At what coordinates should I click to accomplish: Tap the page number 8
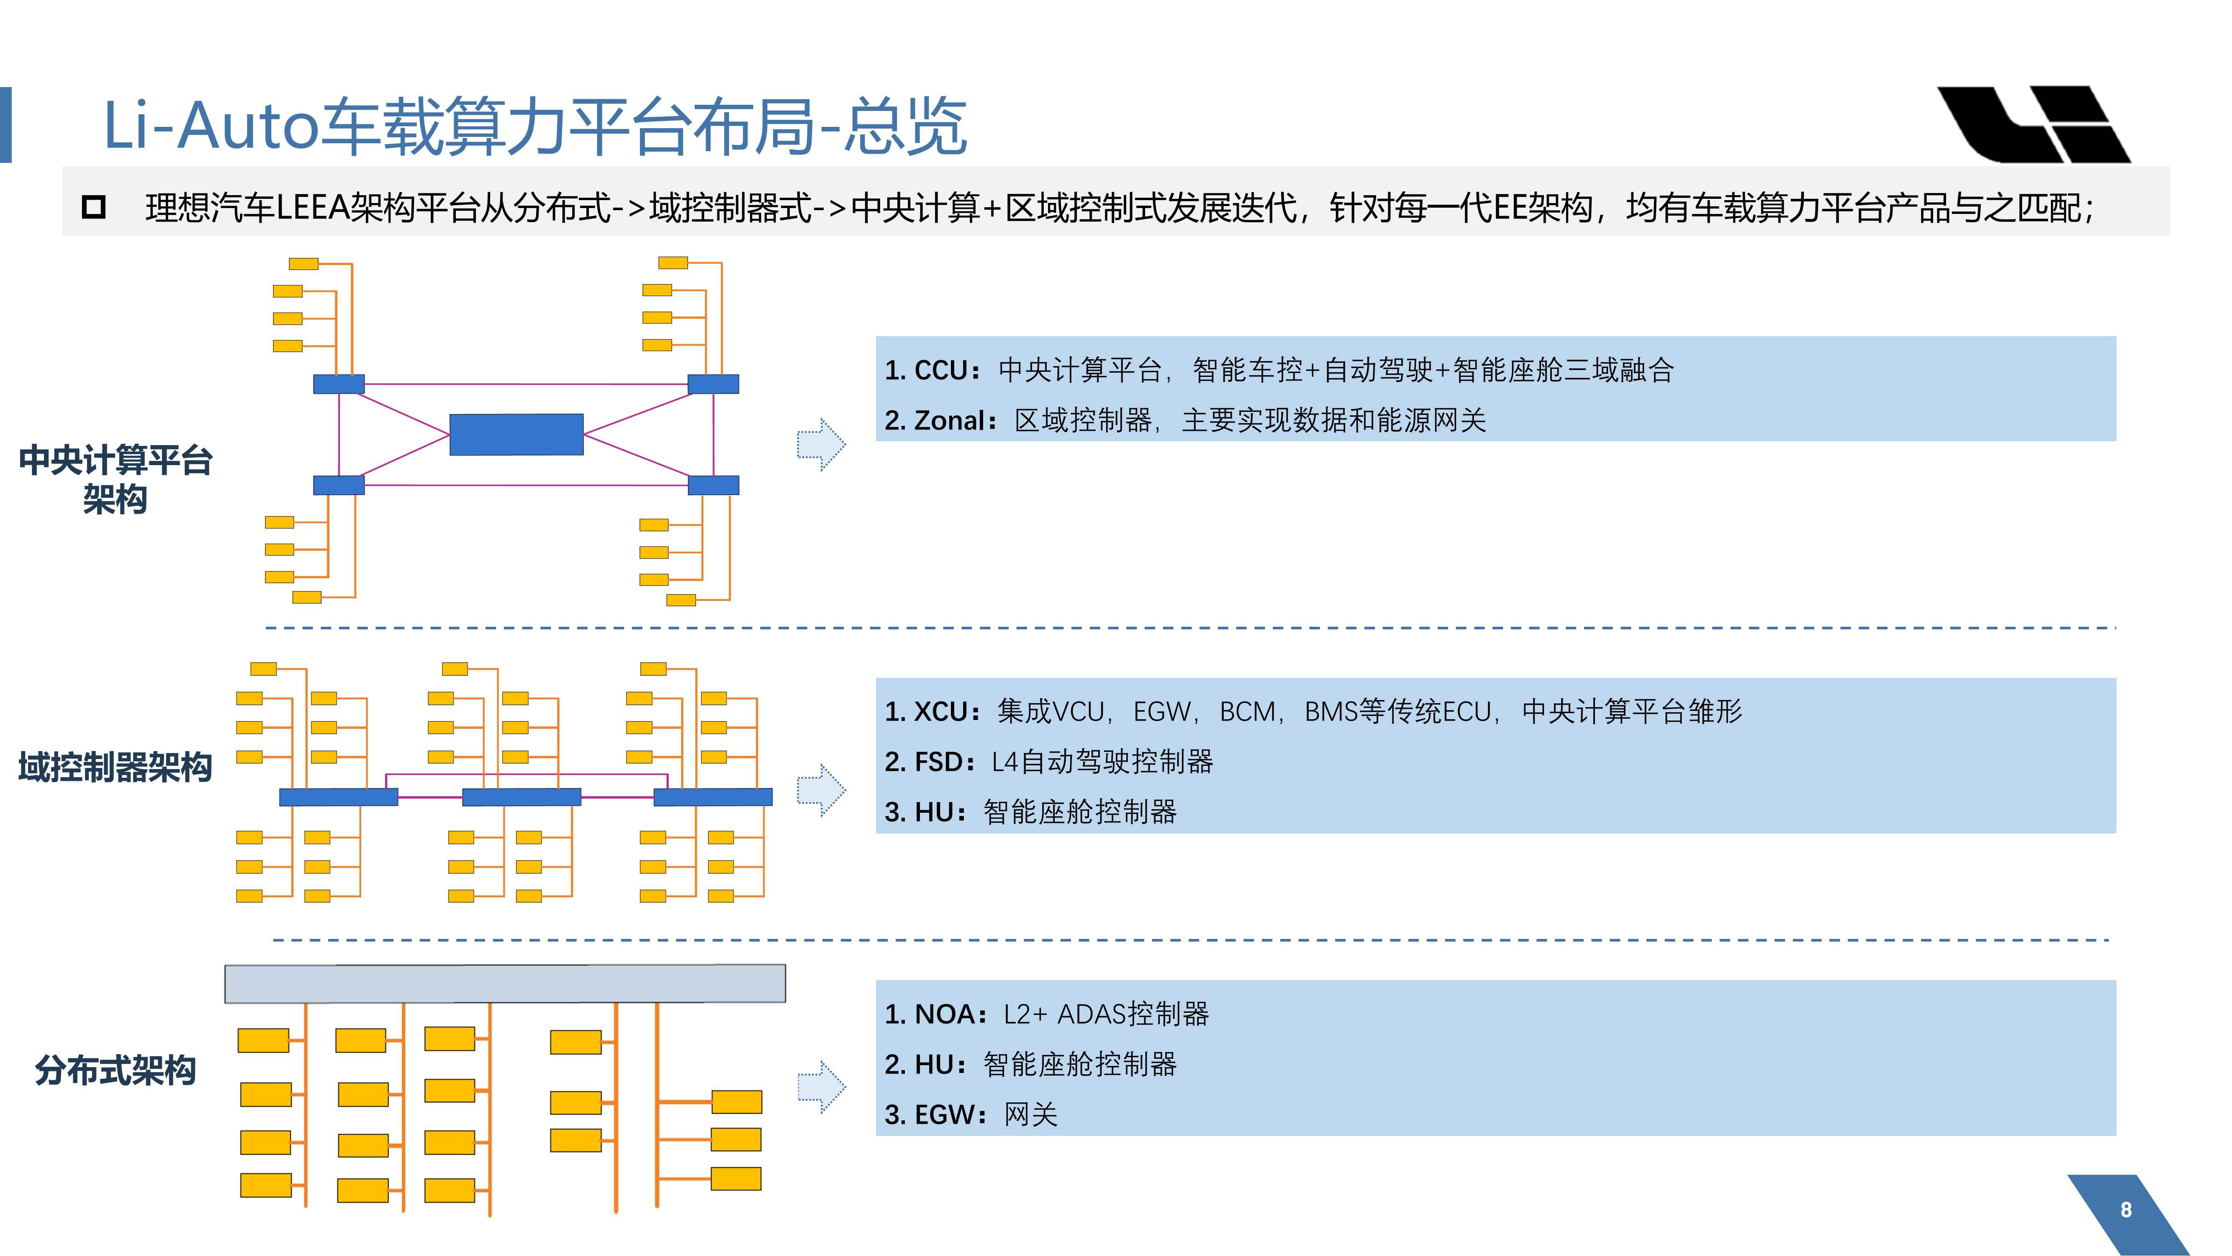pos(2125,1209)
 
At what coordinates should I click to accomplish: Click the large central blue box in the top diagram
pos(516,434)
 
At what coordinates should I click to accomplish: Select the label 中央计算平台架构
pos(115,479)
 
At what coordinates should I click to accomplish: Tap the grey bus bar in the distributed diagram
pos(505,984)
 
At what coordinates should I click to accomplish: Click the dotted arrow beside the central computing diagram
pos(821,445)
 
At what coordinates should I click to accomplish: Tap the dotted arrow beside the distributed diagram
pos(821,1086)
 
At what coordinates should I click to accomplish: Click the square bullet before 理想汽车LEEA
pos(94,207)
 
